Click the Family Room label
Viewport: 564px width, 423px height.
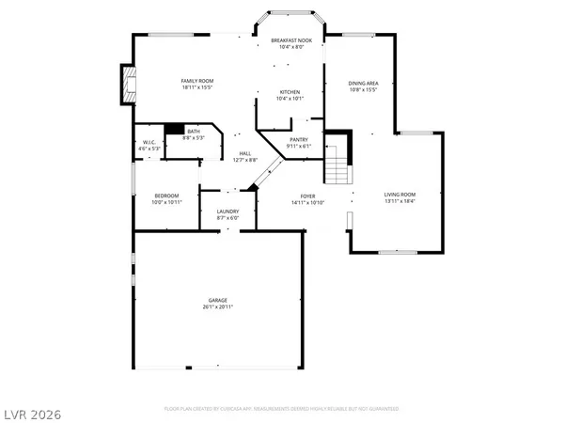pyautogui.click(x=197, y=82)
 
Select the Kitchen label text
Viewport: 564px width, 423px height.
pyautogui.click(x=290, y=91)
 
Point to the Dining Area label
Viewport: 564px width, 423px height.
pyautogui.click(x=362, y=84)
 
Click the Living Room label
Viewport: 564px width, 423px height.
pyautogui.click(x=399, y=195)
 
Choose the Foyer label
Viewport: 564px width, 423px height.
pyautogui.click(x=307, y=196)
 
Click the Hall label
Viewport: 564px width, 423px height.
pyautogui.click(x=244, y=153)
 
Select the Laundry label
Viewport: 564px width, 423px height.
pyautogui.click(x=227, y=211)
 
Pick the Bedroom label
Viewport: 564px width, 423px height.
pyautogui.click(x=165, y=196)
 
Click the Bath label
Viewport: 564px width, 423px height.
pyautogui.click(x=194, y=132)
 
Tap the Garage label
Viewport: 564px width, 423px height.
pyautogui.click(x=217, y=300)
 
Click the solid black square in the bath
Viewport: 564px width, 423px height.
pyautogui.click(x=174, y=131)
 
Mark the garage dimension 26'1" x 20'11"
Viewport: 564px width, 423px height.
pyautogui.click(x=217, y=306)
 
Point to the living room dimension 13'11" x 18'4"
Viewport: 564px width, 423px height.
pyautogui.click(x=399, y=201)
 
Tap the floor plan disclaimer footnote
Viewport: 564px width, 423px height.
pyautogui.click(x=281, y=409)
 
